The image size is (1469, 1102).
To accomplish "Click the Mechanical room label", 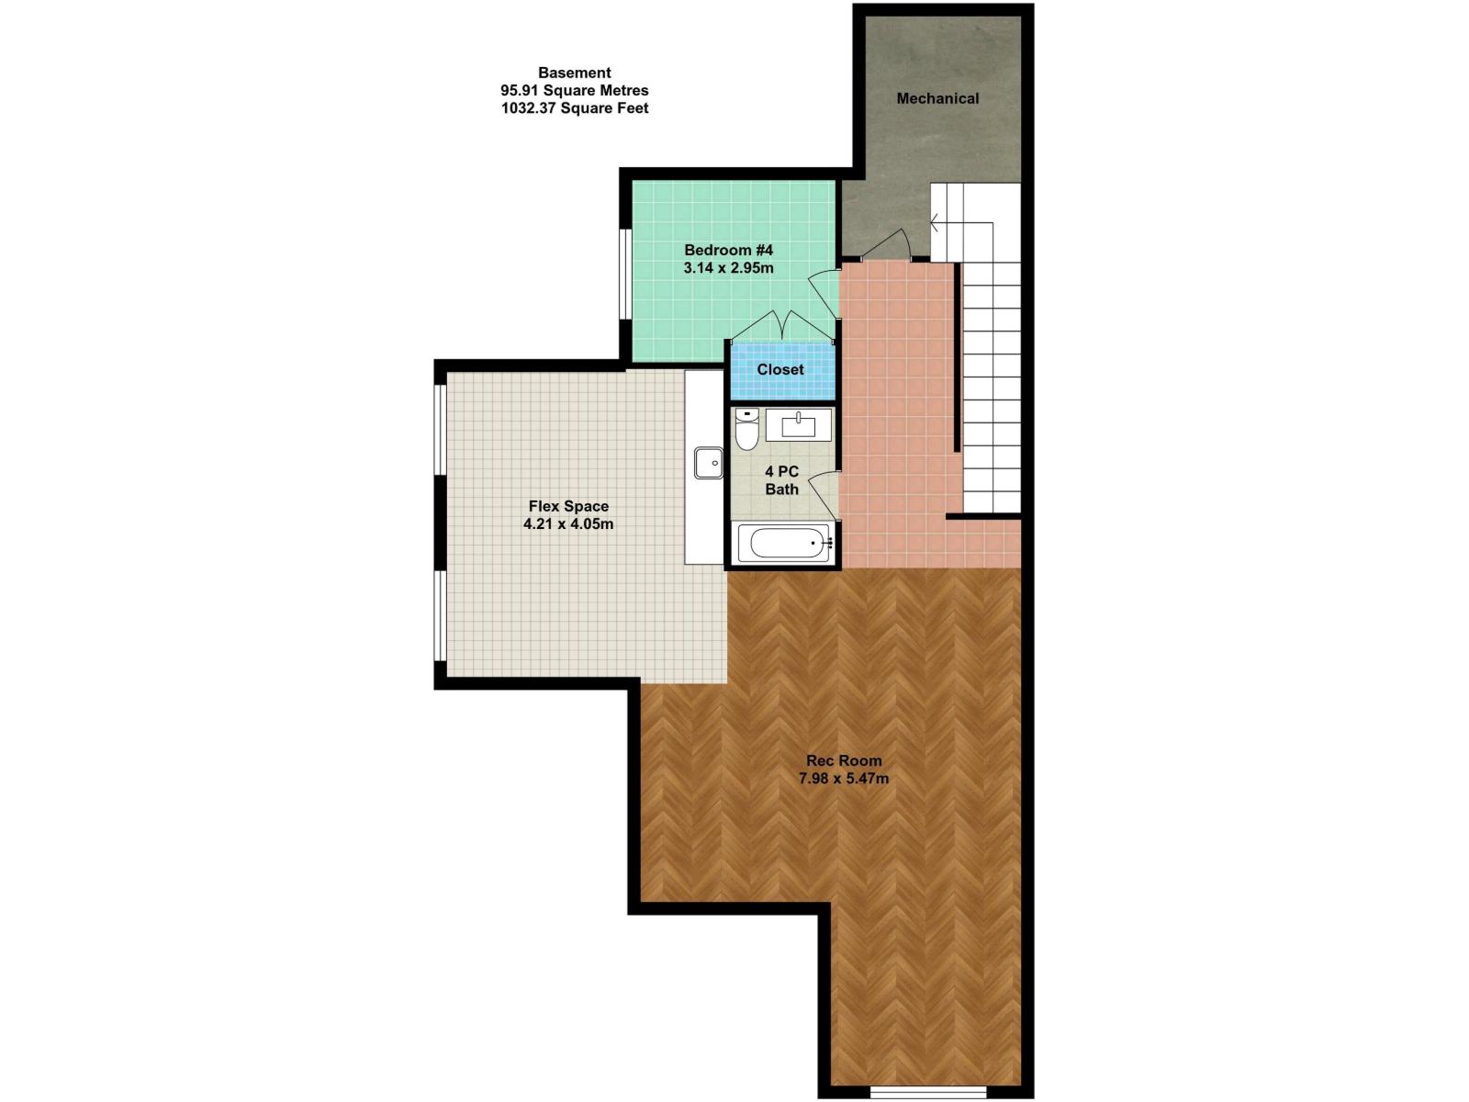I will (x=937, y=98).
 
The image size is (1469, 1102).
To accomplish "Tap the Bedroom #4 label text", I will (x=729, y=250).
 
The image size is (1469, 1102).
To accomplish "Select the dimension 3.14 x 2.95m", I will (x=729, y=268).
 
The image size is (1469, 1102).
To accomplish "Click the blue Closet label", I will (x=780, y=369).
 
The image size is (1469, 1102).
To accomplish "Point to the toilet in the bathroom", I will (x=747, y=430).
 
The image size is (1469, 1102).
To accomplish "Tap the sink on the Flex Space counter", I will (x=708, y=463).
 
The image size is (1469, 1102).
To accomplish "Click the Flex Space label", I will (x=568, y=506).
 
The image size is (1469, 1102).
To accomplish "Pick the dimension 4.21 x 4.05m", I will (x=568, y=524).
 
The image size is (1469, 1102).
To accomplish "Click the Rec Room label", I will (x=844, y=760).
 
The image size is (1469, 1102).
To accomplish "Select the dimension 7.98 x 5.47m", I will (x=844, y=779).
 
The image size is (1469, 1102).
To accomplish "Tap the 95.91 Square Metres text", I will (x=575, y=90).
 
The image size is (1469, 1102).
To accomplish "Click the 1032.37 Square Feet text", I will (x=575, y=108).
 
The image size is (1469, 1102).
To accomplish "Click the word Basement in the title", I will (x=575, y=73).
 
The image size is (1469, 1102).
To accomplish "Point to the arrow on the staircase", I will (x=935, y=222).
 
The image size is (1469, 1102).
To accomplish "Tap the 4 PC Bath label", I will (x=781, y=480).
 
